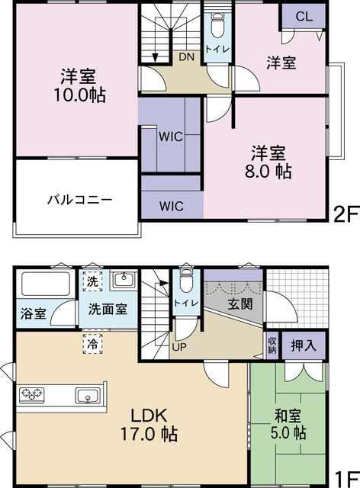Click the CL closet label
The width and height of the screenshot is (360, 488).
point(304,16)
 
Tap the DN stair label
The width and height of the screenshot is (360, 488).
point(187,57)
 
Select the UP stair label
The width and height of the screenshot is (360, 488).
point(179,347)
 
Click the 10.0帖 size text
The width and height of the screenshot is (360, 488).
point(80,95)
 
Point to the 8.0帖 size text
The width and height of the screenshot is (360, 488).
point(268,171)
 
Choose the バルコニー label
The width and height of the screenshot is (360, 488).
point(80,200)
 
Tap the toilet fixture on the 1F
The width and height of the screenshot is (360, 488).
point(186,281)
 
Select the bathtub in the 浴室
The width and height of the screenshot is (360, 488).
point(45,284)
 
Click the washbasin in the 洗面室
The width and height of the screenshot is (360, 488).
point(124,280)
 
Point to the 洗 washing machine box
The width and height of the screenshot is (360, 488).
point(92,281)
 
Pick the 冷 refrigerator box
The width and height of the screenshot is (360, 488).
point(92,344)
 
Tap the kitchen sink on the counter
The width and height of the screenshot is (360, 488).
point(88,396)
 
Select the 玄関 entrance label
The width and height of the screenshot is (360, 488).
point(240,304)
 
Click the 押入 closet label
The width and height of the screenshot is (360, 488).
point(304,345)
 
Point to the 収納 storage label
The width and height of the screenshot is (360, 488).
point(272,345)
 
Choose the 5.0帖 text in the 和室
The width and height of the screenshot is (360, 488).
point(288,433)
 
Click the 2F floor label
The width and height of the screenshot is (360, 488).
point(345,215)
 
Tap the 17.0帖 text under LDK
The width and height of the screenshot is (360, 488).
point(149,434)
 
